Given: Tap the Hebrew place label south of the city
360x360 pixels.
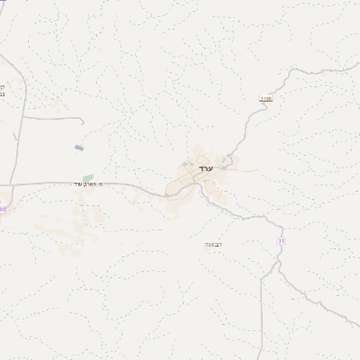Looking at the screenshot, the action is click(x=213, y=243).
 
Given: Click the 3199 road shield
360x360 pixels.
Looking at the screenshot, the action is click(x=265, y=99).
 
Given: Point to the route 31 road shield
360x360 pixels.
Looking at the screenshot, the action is click(x=281, y=240).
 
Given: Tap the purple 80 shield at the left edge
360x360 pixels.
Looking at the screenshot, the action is click(x=3, y=209).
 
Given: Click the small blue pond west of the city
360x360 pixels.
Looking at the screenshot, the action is click(x=79, y=147).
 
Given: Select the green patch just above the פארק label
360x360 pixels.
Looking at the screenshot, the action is click(x=87, y=177).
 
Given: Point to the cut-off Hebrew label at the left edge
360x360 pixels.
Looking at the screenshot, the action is click(x=3, y=91).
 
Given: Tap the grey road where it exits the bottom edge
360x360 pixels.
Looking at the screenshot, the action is click(x=261, y=357).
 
